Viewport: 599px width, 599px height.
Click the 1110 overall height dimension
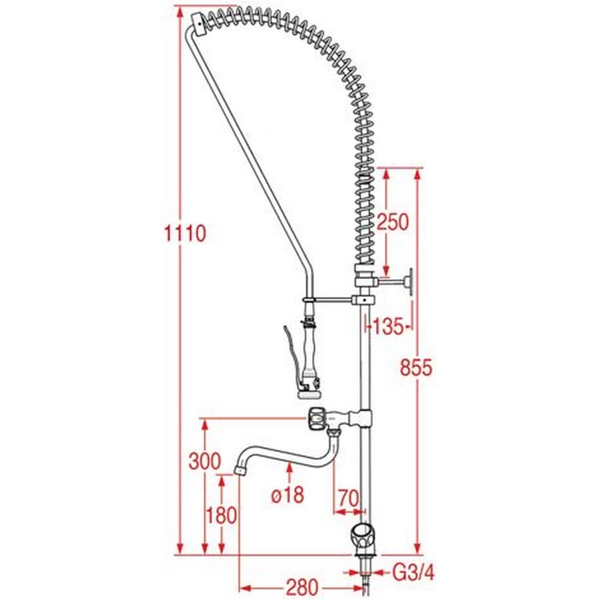coord(185,234)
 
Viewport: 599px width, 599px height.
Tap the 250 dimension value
coord(393,222)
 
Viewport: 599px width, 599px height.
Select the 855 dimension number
coord(417,367)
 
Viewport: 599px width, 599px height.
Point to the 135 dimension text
coord(388,327)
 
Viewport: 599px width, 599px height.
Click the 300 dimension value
coord(205,461)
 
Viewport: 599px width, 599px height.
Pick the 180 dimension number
coord(221,515)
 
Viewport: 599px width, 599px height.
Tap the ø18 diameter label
coord(288,495)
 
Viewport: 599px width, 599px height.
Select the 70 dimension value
coord(348,498)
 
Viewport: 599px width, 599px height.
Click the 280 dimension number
coord(302,587)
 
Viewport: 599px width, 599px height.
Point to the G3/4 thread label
coord(414,572)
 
